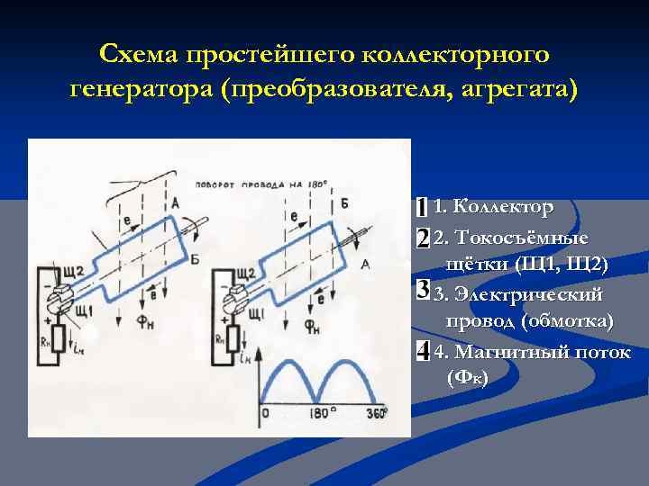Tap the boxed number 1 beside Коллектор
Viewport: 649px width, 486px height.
coord(422,207)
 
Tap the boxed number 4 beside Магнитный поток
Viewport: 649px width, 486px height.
coord(422,351)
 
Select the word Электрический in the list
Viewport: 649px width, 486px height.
coord(530,294)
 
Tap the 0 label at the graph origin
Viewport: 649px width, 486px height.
coord(265,414)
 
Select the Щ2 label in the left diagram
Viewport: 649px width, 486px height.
coord(73,271)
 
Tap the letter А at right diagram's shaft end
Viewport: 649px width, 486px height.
coord(365,264)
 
